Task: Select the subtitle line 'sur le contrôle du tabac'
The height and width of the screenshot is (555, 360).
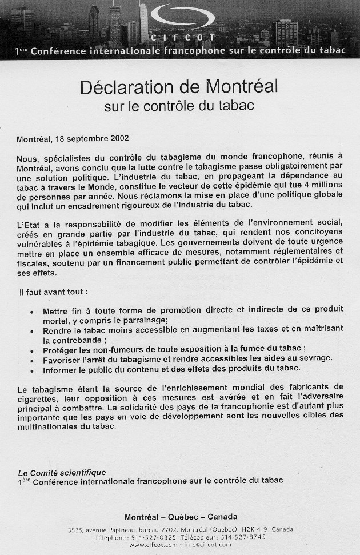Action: click(179, 106)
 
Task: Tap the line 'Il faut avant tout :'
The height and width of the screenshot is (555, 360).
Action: click(53, 292)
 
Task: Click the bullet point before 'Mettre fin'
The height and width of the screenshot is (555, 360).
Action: click(31, 312)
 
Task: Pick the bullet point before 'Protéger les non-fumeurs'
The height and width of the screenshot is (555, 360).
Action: click(31, 350)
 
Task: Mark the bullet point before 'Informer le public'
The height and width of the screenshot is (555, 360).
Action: click(31, 369)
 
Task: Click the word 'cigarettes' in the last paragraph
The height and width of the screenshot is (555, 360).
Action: click(35, 398)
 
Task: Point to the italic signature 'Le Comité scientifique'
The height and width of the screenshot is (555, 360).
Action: click(62, 472)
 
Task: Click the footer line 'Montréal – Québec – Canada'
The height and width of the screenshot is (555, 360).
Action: click(181, 517)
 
